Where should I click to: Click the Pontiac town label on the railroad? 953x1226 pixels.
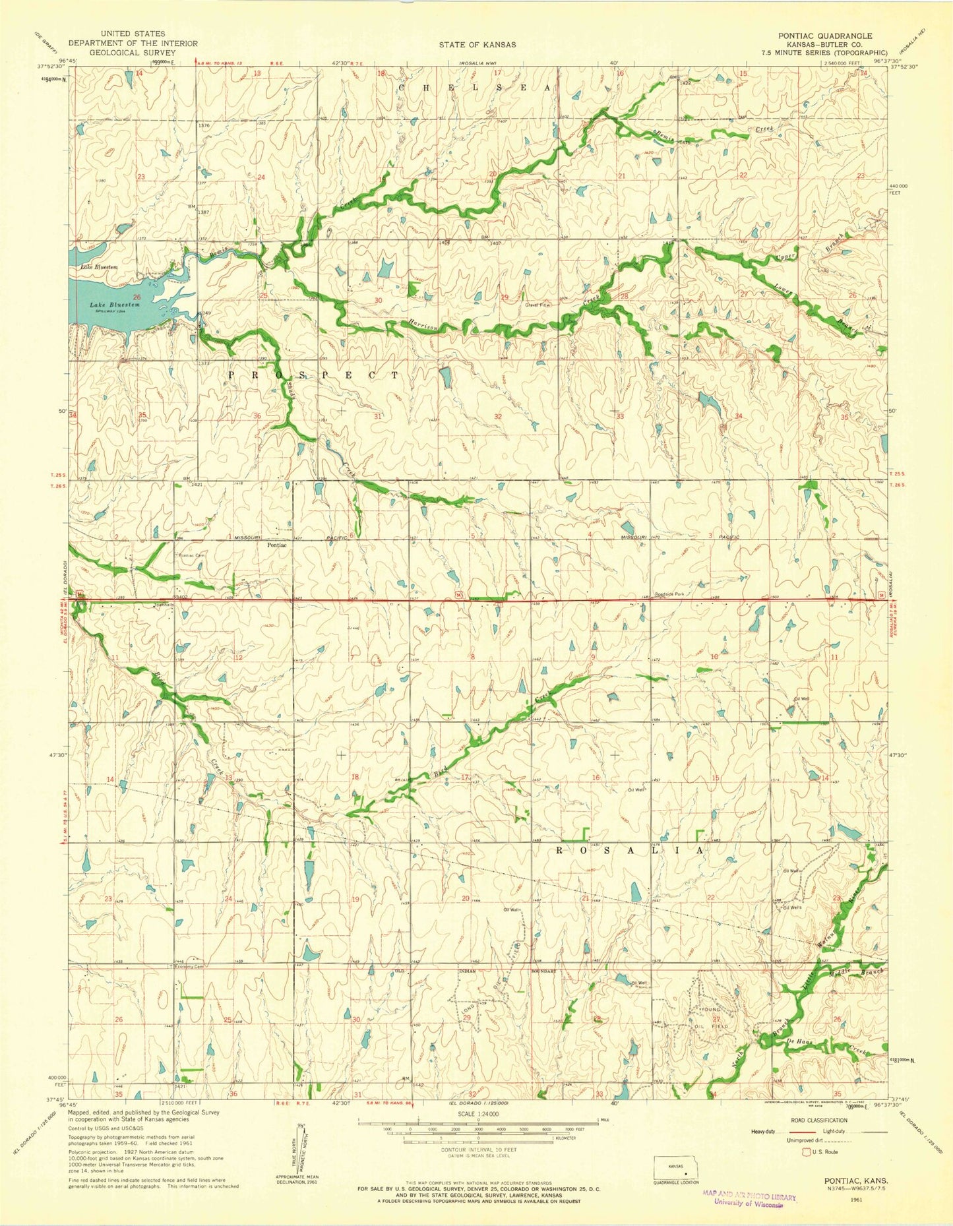276,545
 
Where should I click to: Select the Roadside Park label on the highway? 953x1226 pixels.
670,594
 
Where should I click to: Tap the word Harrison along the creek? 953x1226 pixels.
422,324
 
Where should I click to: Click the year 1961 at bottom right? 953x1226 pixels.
872,1200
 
